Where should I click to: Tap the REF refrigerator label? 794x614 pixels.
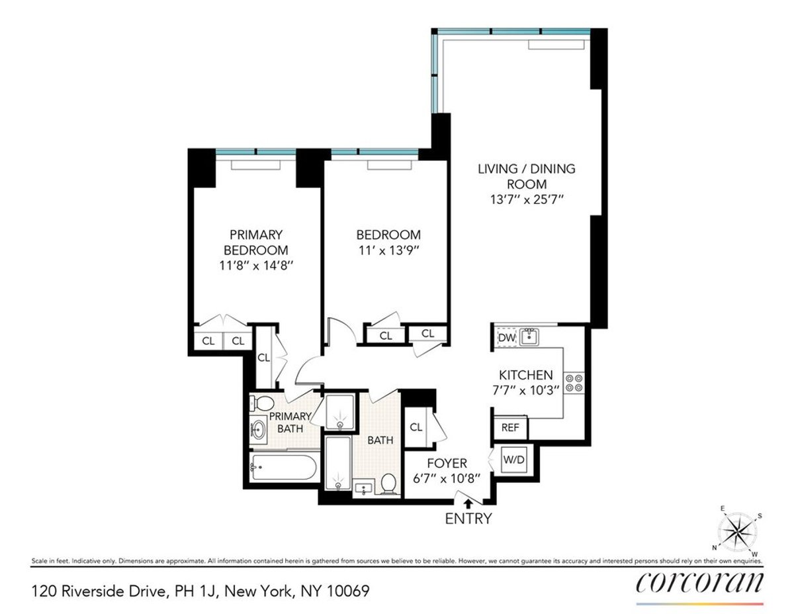click(x=509, y=427)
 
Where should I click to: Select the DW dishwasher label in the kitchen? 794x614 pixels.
click(x=506, y=338)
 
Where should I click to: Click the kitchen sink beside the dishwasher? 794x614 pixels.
click(x=529, y=337)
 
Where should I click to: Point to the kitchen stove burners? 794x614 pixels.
click(x=574, y=382)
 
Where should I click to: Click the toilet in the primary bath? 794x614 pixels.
click(x=266, y=403)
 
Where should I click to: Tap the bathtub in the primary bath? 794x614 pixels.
click(x=283, y=469)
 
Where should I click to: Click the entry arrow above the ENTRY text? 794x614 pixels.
click(x=468, y=505)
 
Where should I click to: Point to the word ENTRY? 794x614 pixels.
click(x=468, y=519)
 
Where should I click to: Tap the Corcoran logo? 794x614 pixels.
click(x=699, y=582)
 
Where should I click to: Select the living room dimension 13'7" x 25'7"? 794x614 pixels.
click(x=527, y=199)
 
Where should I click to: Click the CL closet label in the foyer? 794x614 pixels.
click(x=416, y=427)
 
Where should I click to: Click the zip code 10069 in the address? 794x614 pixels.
click(x=351, y=589)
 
